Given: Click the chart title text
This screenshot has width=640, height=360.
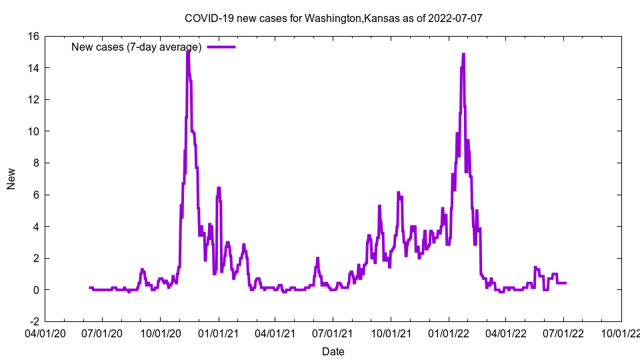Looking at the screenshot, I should (333, 19).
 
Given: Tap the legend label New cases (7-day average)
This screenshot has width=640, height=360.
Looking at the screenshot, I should (136, 47).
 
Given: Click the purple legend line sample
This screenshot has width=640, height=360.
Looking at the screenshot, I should (221, 47).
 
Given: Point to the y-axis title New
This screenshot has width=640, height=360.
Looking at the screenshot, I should (11, 179).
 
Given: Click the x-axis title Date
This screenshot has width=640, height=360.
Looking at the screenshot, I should (333, 351).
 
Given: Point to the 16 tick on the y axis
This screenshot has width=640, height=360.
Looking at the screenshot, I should (32, 37).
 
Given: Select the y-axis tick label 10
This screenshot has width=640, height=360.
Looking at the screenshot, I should (32, 131).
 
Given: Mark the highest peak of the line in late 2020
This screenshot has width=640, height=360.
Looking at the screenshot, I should (188, 51).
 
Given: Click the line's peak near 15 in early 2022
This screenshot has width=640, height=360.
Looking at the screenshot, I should (463, 54).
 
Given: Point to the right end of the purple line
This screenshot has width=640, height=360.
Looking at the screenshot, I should (566, 283).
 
